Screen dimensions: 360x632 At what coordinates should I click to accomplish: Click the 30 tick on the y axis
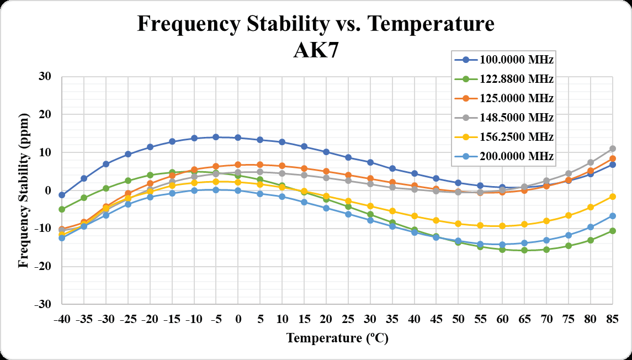point(45,77)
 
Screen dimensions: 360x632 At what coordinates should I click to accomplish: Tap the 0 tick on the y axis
point(48,190)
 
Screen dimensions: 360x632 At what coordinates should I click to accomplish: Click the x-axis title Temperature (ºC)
point(337,338)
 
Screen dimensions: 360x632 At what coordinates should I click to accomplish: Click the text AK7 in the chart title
point(315,51)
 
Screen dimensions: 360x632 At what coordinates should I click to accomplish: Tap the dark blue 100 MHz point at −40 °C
point(62,195)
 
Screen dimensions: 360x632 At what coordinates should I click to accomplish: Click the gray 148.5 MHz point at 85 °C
point(612,149)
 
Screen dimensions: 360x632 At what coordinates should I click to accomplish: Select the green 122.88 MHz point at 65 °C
point(524,250)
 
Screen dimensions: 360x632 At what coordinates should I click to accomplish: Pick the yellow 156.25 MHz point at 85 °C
point(612,197)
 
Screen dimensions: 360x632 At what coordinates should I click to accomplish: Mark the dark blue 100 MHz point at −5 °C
point(216,137)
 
